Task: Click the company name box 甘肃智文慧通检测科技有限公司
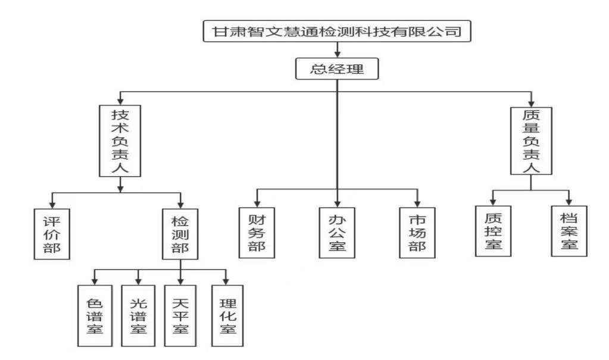tap(338, 32)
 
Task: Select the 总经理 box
tap(338, 70)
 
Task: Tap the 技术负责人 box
tap(121, 140)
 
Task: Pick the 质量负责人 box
tap(531, 141)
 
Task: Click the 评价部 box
tap(52, 233)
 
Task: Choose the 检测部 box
tap(180, 233)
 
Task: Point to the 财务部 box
tap(257, 233)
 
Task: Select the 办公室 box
tap(337, 233)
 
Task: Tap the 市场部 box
tap(417, 233)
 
